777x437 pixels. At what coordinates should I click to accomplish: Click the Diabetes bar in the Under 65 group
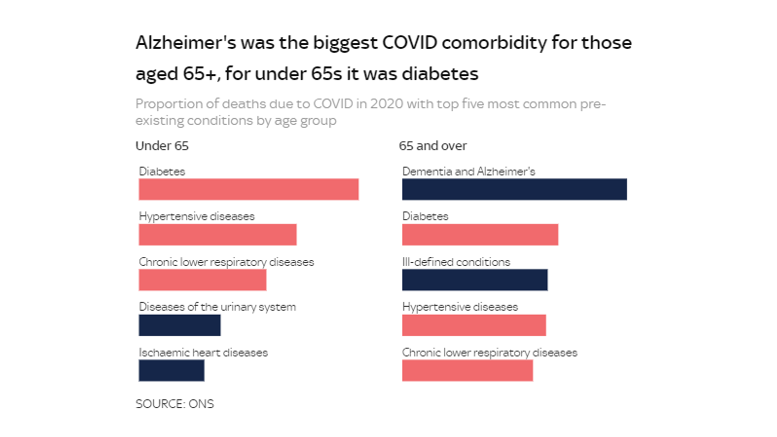pyautogui.click(x=249, y=189)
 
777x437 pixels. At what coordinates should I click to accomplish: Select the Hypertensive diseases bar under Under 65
pyautogui.click(x=218, y=235)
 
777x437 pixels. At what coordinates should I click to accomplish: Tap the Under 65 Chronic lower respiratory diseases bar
pyautogui.click(x=203, y=280)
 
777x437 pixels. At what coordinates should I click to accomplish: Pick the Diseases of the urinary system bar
pyautogui.click(x=180, y=325)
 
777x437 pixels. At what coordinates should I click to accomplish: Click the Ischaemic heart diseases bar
pyautogui.click(x=171, y=370)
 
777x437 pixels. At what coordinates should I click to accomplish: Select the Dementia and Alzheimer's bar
pyautogui.click(x=514, y=189)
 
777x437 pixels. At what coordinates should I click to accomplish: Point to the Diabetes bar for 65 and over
pyautogui.click(x=480, y=235)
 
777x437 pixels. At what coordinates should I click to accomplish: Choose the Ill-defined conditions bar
pyautogui.click(x=474, y=280)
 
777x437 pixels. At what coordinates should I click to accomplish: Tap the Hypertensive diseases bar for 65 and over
pyautogui.click(x=474, y=325)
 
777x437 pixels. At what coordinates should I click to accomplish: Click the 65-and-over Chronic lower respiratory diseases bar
pyautogui.click(x=467, y=370)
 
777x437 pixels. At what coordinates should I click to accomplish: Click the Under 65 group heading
pyautogui.click(x=162, y=146)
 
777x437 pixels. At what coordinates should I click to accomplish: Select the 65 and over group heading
pyautogui.click(x=433, y=146)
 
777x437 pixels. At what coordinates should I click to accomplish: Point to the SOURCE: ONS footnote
pyautogui.click(x=174, y=404)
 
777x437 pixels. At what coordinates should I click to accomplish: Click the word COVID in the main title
pyautogui.click(x=410, y=43)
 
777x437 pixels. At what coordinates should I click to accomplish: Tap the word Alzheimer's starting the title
pyautogui.click(x=186, y=43)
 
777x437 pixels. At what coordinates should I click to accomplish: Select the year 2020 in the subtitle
pyautogui.click(x=387, y=104)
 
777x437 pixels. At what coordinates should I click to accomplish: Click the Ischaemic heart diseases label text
pyautogui.click(x=203, y=353)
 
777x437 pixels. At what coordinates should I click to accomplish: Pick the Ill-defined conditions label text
pyautogui.click(x=456, y=262)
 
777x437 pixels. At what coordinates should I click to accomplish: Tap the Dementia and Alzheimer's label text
pyautogui.click(x=469, y=171)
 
